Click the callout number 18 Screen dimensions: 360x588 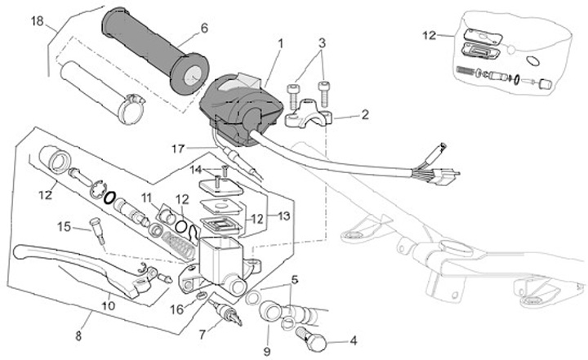coord(38,21)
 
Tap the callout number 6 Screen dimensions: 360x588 coord(203,28)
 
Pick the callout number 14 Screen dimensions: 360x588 coord(196,170)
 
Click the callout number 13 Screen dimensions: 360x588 coord(284,216)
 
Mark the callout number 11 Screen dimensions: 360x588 coord(146,198)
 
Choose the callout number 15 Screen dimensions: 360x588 coord(63,225)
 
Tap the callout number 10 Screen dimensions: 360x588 coord(108,306)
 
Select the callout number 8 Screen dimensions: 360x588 coord(79,334)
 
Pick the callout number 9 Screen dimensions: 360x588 coord(265,351)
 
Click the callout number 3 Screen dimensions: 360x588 coord(323,42)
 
